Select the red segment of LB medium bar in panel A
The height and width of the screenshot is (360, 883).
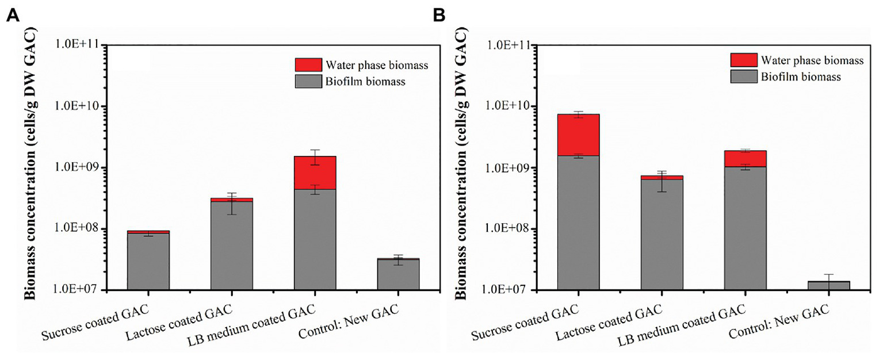(315, 173)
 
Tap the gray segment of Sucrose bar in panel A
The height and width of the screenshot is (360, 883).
(148, 262)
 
